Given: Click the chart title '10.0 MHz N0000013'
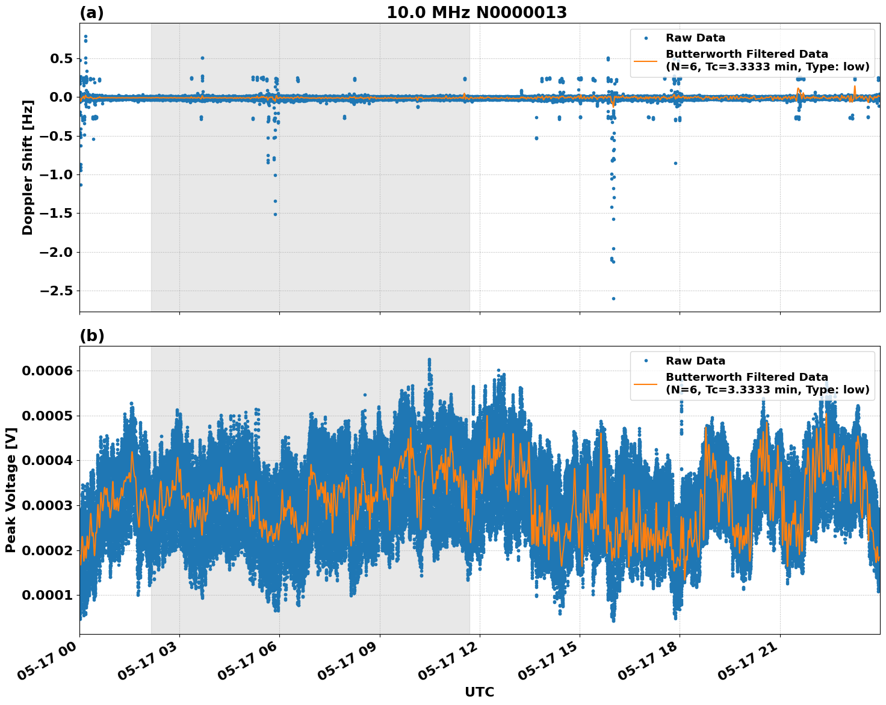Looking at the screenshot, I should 476,13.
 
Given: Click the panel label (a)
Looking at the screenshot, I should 91,13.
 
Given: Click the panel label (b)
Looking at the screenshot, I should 91,336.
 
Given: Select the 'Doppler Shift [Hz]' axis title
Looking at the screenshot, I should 28,167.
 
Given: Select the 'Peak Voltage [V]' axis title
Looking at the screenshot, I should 11,490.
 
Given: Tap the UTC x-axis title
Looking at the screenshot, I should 479,692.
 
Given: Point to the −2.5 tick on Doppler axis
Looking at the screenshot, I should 55,291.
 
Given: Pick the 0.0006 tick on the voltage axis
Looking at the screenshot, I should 47,371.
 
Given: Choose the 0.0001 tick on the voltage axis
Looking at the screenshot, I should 47,595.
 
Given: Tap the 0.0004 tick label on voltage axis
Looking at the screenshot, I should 47,461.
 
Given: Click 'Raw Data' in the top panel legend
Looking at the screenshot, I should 695,38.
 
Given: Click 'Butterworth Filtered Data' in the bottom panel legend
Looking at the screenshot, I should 746,377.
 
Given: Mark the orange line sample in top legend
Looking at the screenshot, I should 646,60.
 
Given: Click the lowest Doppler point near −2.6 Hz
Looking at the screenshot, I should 613,298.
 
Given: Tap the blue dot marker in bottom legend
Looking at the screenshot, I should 646,361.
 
